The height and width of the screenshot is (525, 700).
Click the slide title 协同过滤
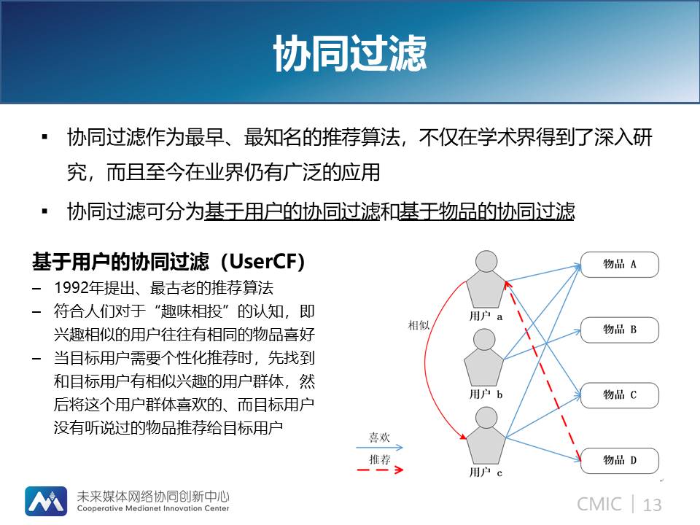350,53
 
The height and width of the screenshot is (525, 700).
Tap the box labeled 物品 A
619,264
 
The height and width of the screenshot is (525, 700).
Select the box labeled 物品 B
619,330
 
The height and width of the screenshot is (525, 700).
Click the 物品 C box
619,395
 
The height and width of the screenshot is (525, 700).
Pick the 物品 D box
619,460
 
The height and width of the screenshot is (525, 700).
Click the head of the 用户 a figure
486,261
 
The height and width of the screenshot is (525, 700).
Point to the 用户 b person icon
484,357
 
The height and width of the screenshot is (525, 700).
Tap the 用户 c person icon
486,436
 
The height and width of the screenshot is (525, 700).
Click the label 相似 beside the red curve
419,325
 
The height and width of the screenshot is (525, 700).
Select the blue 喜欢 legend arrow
379,447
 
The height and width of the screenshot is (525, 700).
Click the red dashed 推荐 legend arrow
380,470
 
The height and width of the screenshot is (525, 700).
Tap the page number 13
652,505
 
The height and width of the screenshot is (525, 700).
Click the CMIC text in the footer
599,505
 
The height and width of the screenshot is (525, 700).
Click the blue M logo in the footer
46,501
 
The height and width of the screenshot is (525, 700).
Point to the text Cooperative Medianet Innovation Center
153,508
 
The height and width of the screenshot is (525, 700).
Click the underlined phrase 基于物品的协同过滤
486,211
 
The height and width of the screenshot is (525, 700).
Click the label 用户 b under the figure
486,394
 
